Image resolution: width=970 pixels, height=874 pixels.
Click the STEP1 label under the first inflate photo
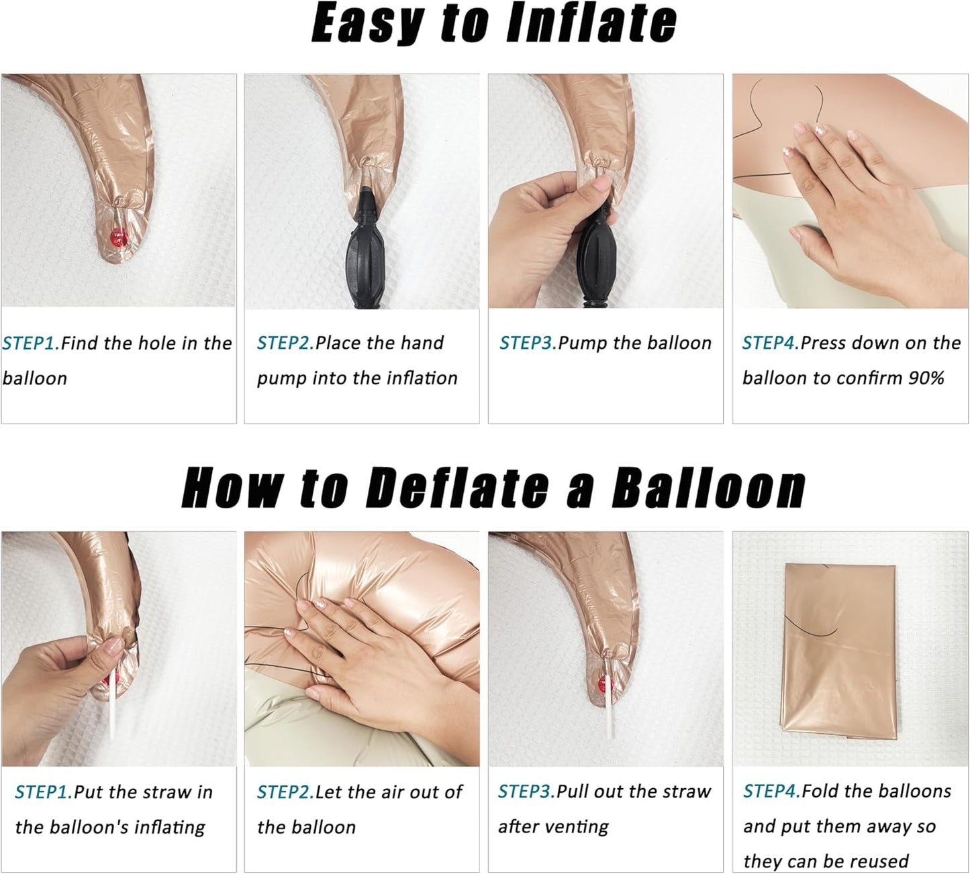(x=32, y=343)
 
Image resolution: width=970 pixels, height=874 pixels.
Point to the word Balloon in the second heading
(x=708, y=488)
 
